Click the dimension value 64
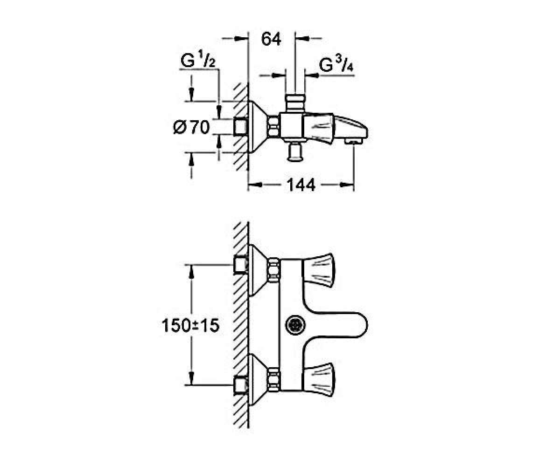[271, 39]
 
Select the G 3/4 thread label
[336, 65]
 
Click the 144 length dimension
[301, 185]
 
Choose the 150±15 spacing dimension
[191, 325]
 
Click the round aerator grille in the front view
[295, 325]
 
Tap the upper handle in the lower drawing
[318, 270]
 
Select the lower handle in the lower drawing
[318, 380]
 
